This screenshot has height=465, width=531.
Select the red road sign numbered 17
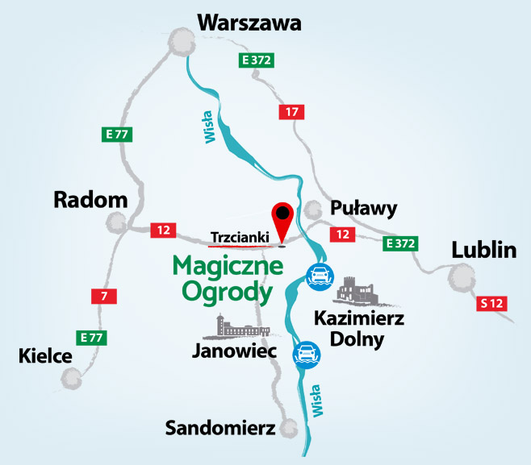click(x=291, y=112)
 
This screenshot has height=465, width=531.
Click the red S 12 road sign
click(x=491, y=304)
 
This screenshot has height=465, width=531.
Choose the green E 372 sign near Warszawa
click(x=255, y=60)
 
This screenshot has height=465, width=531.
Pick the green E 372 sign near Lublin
click(x=399, y=242)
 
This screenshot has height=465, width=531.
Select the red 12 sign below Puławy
click(x=343, y=234)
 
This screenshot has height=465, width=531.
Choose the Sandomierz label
click(x=220, y=426)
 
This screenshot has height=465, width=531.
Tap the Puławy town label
click(x=364, y=209)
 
